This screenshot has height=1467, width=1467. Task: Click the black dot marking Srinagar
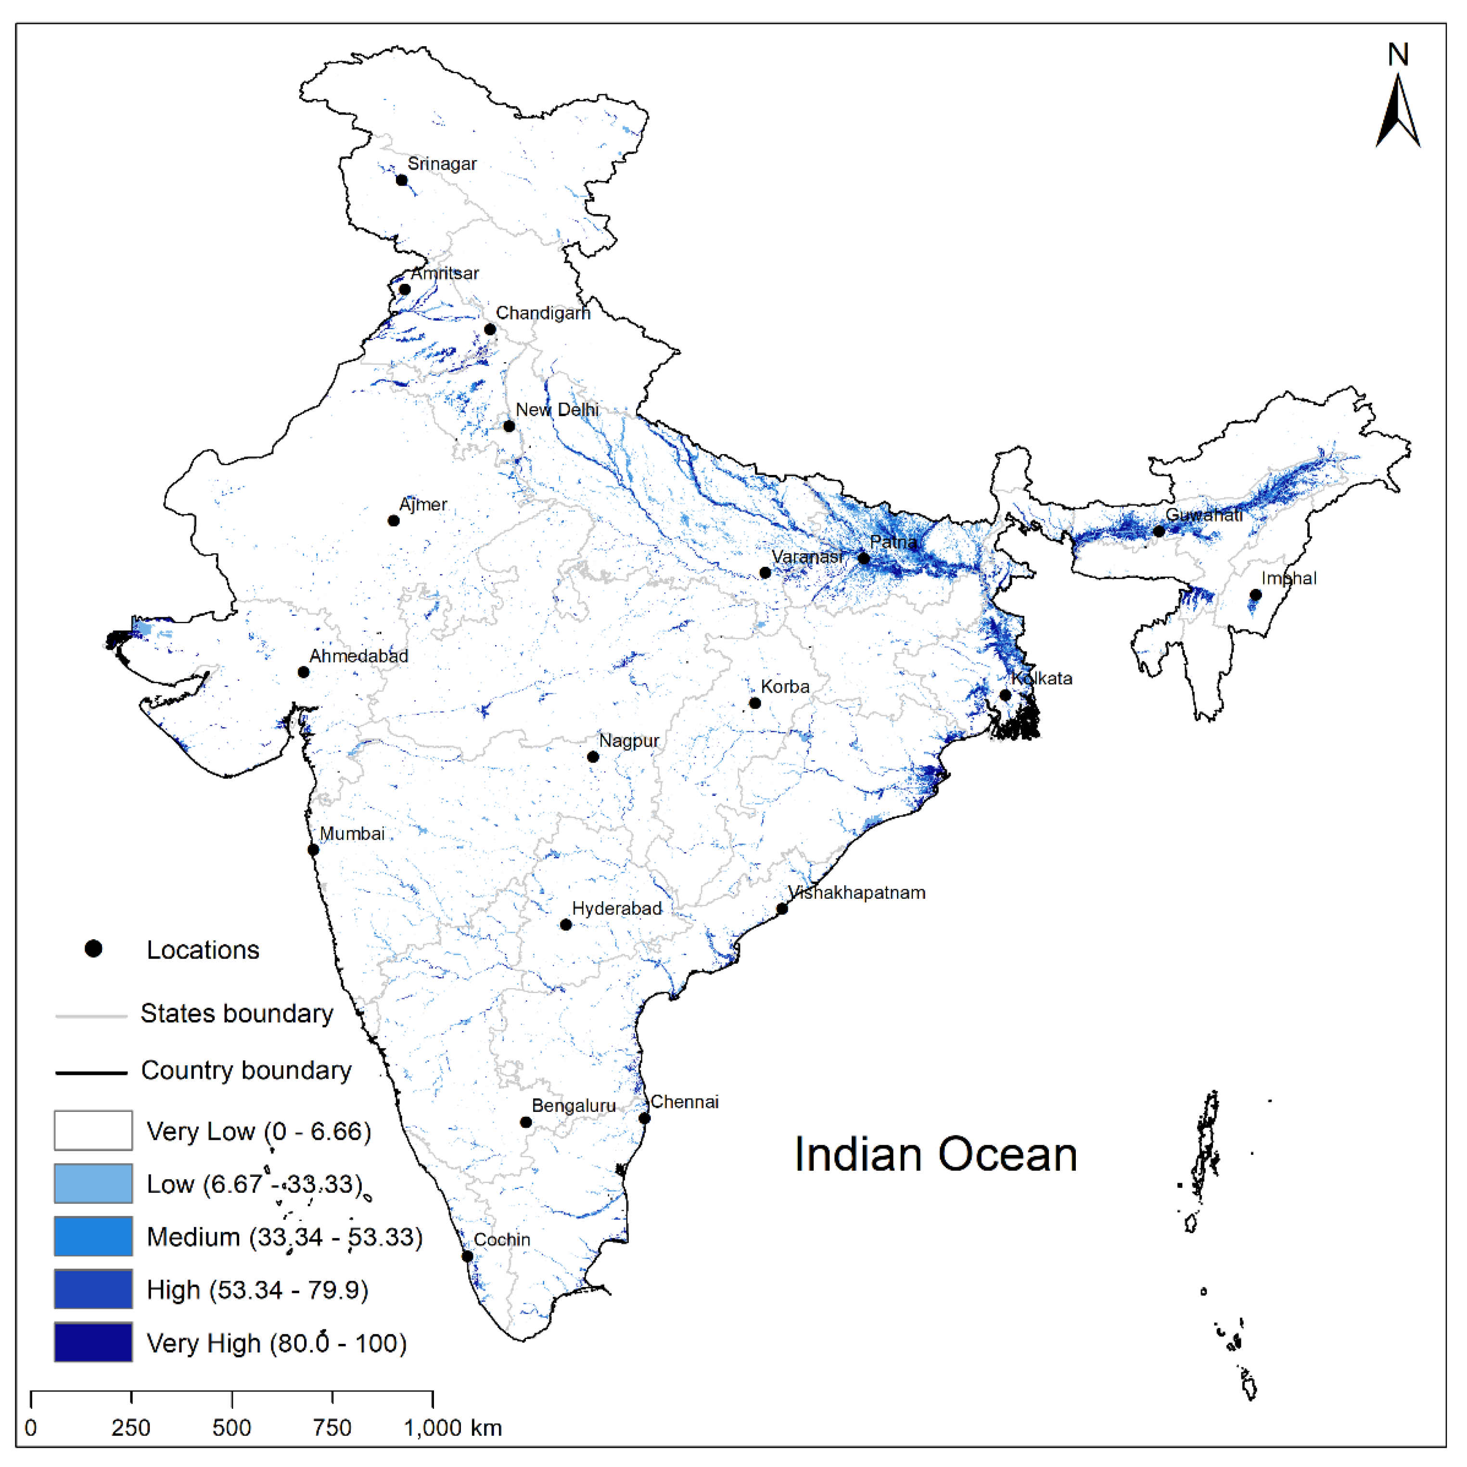(402, 180)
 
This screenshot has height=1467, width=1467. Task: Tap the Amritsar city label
(445, 273)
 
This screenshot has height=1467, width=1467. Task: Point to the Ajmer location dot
(393, 521)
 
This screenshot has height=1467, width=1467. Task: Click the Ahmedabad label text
(358, 656)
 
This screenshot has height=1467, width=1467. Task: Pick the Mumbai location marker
(313, 850)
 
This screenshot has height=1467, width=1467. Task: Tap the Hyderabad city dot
(566, 925)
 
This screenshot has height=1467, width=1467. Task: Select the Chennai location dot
(644, 1118)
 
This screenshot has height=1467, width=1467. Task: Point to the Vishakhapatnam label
(856, 893)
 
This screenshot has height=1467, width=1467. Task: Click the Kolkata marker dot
(1005, 695)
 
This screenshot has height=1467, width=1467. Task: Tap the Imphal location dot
(1256, 595)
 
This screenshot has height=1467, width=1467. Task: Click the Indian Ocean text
(935, 1154)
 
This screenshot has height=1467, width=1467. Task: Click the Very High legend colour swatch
(93, 1342)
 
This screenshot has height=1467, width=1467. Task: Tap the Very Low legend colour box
(93, 1131)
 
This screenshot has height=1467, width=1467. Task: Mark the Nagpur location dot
(593, 757)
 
